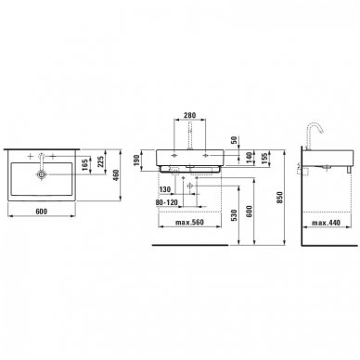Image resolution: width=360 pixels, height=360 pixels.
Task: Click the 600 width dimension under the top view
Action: pos(42,212)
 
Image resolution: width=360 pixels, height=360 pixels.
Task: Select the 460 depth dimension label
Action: pos(116,175)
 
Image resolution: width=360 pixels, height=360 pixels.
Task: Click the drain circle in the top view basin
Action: pos(42,174)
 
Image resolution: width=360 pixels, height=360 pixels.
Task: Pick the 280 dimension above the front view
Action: pos(189,115)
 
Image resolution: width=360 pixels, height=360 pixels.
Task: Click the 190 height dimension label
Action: pos(136,160)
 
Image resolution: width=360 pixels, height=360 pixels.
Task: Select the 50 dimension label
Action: pos(234,140)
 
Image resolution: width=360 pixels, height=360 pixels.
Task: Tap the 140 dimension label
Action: pos(249,158)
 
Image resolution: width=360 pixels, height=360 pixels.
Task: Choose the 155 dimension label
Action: pos(264,158)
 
